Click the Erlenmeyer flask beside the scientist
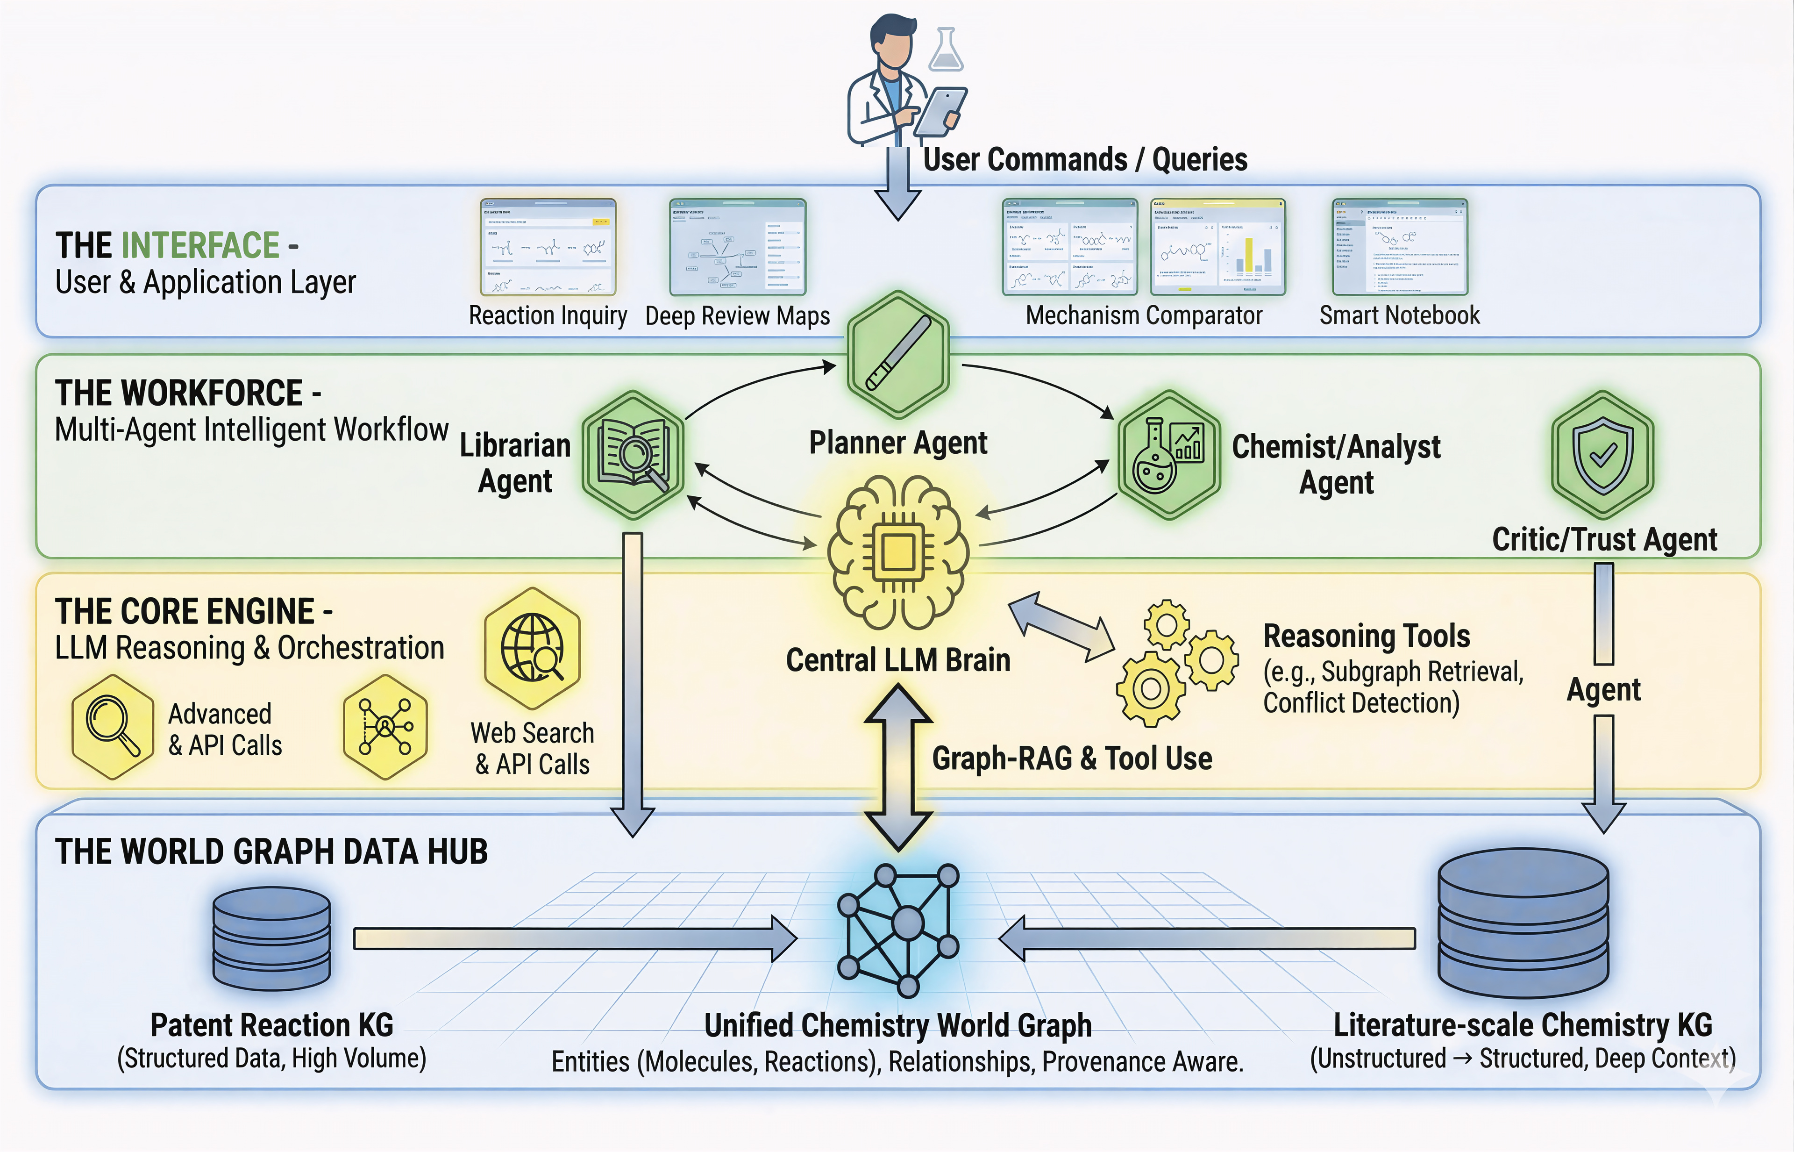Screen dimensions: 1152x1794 946,50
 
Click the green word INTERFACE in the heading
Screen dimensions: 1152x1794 200,245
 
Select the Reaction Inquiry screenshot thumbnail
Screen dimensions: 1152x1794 548,247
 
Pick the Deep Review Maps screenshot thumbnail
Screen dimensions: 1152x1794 737,247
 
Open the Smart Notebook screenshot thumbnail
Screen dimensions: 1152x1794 1399,247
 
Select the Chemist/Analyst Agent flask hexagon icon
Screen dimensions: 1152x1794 1169,454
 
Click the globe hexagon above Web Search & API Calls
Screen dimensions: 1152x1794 533,648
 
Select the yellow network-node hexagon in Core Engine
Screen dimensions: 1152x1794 385,726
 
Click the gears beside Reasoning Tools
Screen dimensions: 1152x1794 1175,662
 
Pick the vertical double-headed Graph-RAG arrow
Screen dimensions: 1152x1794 898,767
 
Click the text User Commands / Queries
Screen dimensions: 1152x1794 1084,159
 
